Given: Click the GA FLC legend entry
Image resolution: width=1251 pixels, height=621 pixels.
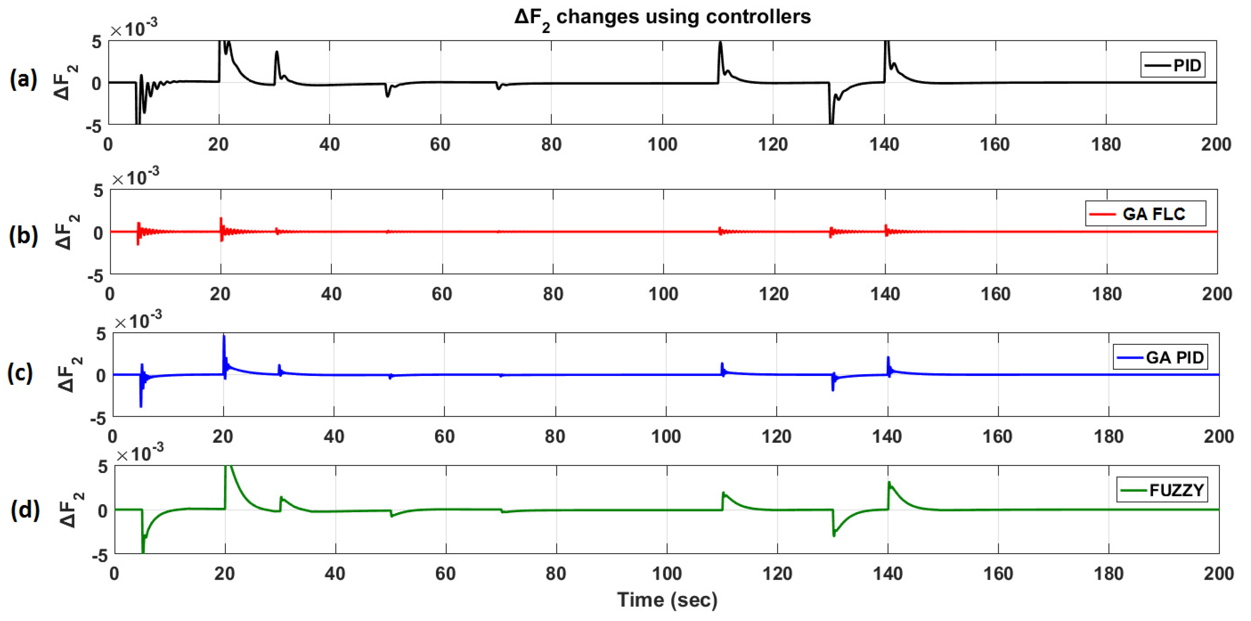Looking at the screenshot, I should (x=1145, y=214).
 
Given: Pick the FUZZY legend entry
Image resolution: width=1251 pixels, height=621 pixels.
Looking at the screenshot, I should (x=1162, y=491).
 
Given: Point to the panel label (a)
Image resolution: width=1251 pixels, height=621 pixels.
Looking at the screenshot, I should (x=23, y=78).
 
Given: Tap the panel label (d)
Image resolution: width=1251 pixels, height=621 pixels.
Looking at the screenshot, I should (x=25, y=509).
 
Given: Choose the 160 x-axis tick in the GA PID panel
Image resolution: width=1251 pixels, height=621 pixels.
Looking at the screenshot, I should (x=998, y=436).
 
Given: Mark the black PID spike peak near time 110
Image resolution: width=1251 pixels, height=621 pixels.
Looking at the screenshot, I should (x=720, y=43).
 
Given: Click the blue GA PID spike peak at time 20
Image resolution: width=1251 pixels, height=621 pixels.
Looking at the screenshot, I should (x=224, y=336).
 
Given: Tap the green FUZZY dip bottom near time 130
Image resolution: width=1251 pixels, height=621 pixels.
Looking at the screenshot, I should (x=834, y=536).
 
